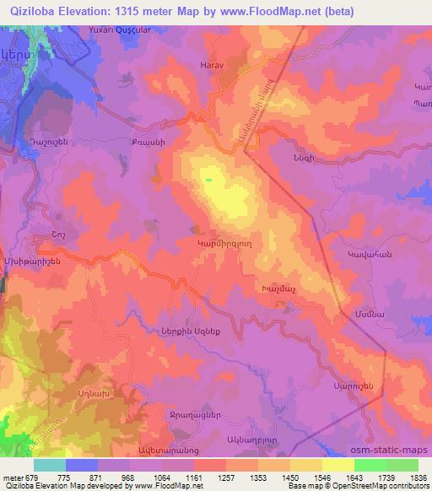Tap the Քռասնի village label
pos(144,142)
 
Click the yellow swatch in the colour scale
pos(338,465)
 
